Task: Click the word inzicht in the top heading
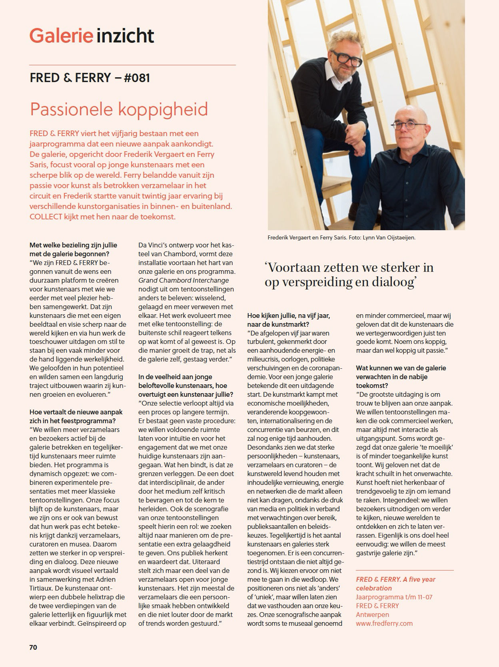pos(124,36)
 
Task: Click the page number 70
pos(33,647)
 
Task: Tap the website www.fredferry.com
pos(384,623)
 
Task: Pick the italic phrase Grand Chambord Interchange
pos(184,280)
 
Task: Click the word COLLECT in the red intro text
pos(46,217)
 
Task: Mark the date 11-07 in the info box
pos(424,597)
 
